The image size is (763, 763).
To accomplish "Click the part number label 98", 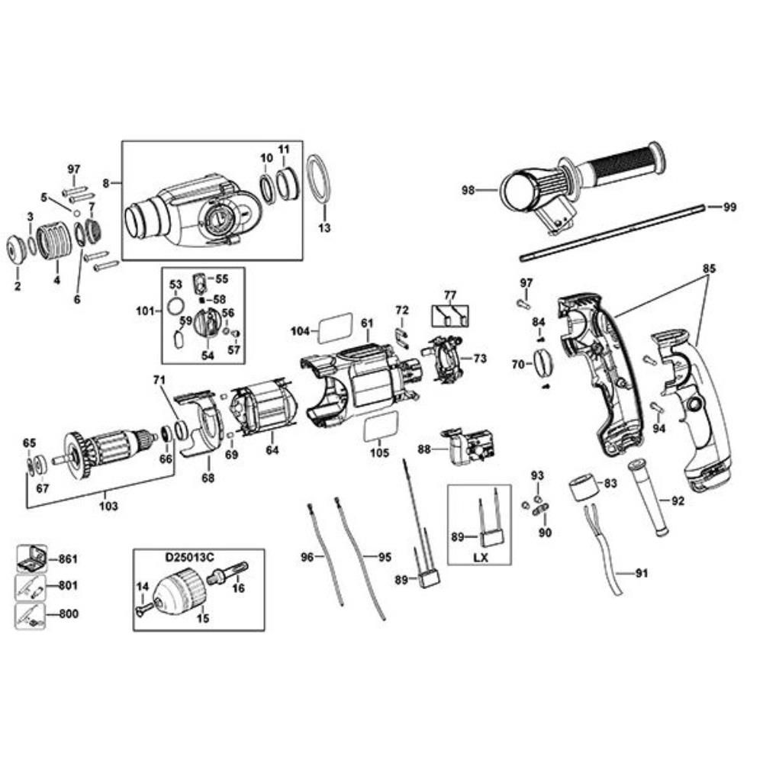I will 469,188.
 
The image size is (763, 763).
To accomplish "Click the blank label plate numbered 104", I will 334,329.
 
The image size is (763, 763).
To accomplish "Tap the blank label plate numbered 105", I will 378,429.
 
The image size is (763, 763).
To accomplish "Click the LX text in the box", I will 479,558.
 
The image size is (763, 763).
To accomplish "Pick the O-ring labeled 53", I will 175,307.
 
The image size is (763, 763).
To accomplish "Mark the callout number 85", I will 710,269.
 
